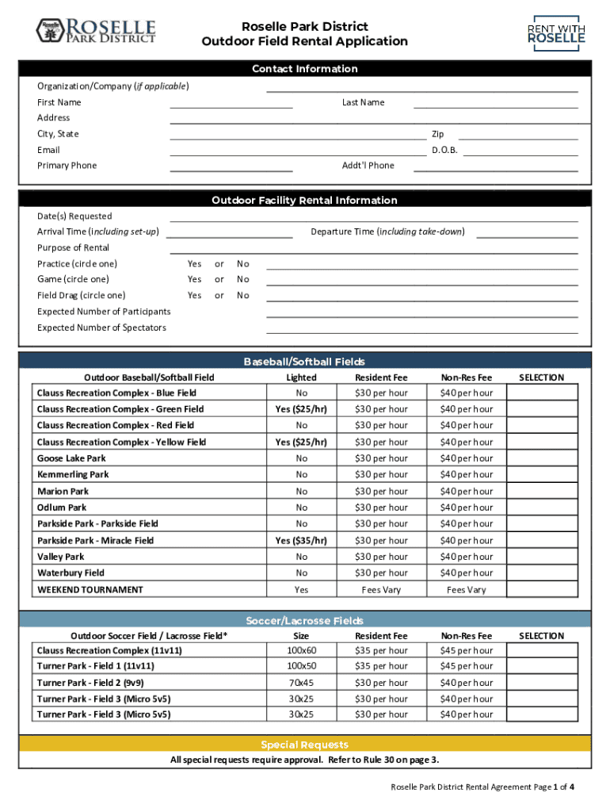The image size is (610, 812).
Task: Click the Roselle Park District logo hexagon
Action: [x=49, y=31]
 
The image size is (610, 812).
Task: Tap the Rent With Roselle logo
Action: [x=556, y=33]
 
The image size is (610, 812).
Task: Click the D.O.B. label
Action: [x=444, y=150]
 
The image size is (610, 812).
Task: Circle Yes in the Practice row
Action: [x=195, y=264]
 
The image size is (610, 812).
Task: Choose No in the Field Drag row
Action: [x=243, y=296]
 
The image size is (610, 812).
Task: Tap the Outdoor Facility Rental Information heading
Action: [x=304, y=201]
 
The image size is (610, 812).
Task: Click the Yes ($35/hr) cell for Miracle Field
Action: [x=301, y=541]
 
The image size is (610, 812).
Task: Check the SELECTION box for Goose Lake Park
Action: [x=542, y=458]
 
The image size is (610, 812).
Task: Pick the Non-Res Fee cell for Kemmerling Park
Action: [x=466, y=475]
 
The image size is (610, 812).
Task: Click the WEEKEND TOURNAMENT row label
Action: [x=90, y=590]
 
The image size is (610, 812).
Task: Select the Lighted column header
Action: [x=301, y=377]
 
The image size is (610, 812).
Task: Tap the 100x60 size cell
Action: [x=301, y=650]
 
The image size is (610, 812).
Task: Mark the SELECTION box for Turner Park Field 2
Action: [x=542, y=683]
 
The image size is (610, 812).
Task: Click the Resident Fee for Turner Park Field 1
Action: [x=381, y=666]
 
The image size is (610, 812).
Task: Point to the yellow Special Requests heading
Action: [x=304, y=745]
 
